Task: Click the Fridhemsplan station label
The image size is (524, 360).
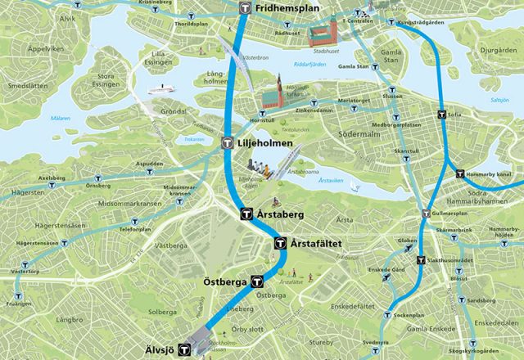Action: [287, 8]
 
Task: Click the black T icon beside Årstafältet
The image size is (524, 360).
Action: [280, 243]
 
